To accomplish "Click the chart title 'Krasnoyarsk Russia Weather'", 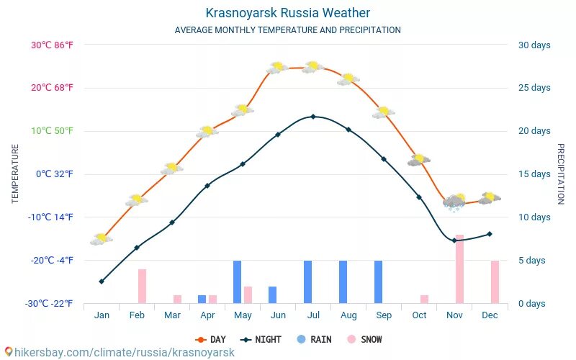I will [x=287, y=13].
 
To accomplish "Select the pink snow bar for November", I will [x=459, y=269].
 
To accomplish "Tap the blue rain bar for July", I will [x=307, y=282].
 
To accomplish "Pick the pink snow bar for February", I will [x=142, y=286].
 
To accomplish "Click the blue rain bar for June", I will [x=272, y=294].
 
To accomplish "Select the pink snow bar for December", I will [x=495, y=282].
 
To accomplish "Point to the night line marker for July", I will [x=312, y=117].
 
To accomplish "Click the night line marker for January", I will [x=102, y=282].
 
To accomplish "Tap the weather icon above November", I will [x=454, y=201].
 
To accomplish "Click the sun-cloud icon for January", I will [x=102, y=238].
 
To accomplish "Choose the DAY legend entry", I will [x=211, y=339].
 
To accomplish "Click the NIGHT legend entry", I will [x=262, y=339].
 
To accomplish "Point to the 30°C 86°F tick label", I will [x=52, y=45].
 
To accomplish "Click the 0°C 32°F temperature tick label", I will [x=55, y=174].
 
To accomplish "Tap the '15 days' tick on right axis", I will [x=534, y=174].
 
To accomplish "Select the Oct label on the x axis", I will [x=419, y=315].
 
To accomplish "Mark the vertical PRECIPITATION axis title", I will [x=560, y=174].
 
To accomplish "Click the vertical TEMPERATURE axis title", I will [x=15, y=174].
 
